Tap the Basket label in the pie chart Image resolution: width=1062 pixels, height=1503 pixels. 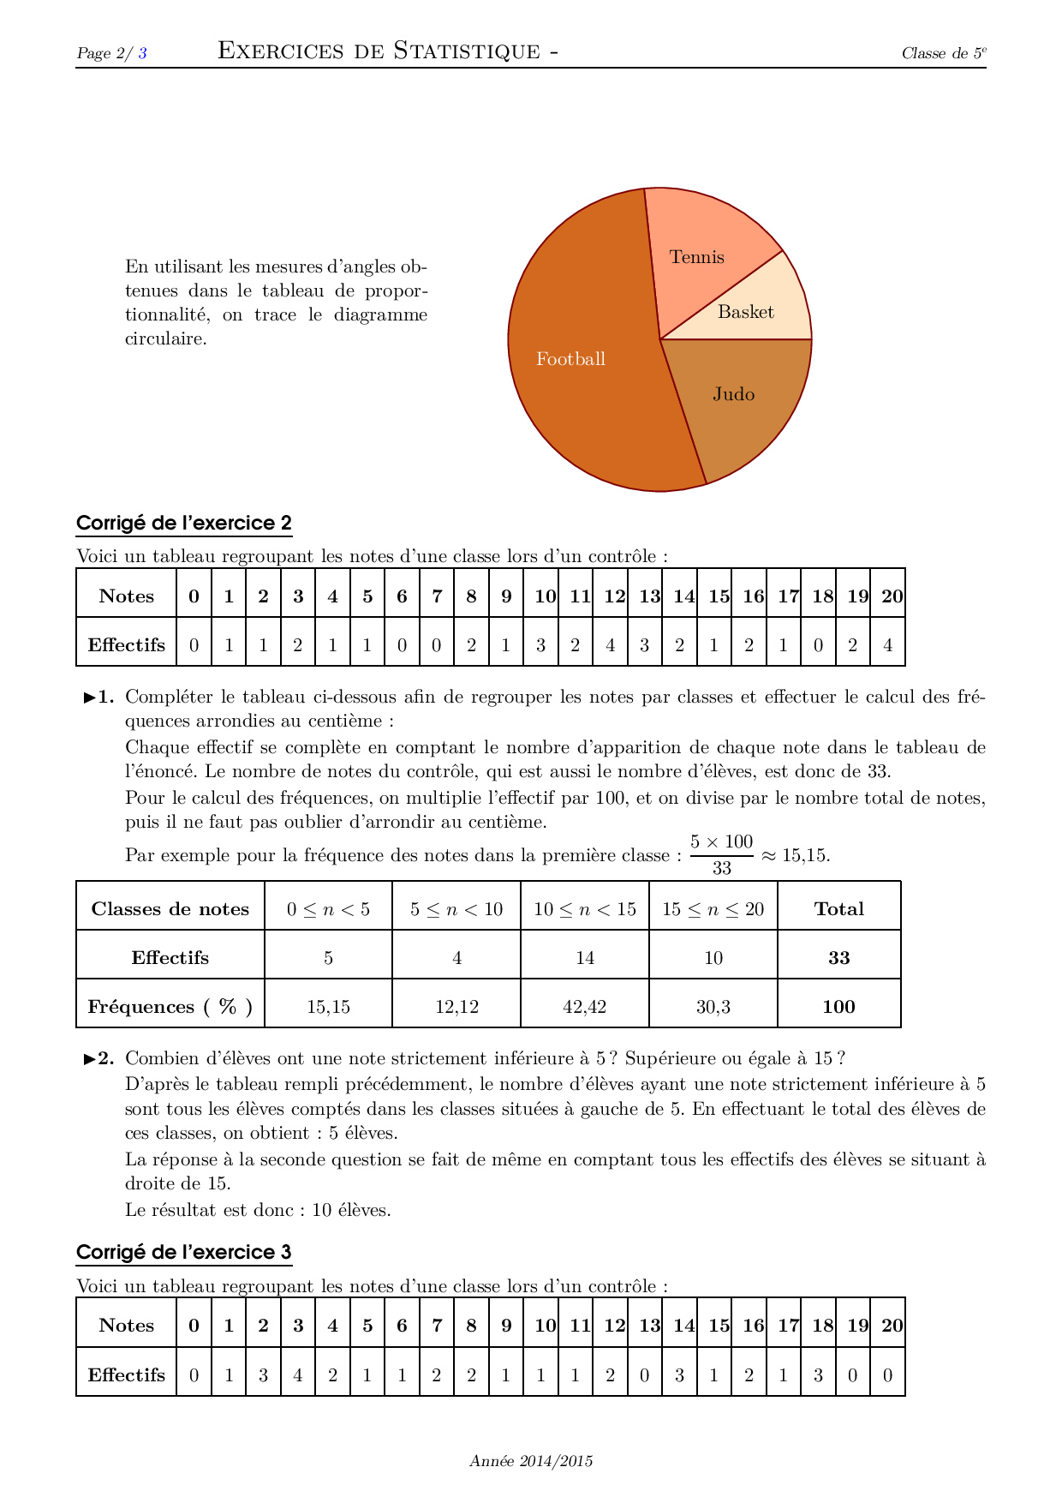point(745,313)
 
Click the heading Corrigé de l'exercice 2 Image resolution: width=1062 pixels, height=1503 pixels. point(184,524)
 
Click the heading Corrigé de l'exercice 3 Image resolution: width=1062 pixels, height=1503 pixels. point(184,1253)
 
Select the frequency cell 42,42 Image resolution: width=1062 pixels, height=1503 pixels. point(585,1007)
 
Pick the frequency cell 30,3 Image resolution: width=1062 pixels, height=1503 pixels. point(713,1007)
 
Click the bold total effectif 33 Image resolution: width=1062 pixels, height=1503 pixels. point(838,958)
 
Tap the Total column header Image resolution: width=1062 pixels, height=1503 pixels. point(838,909)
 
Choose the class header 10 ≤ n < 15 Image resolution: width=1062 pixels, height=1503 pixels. point(585,909)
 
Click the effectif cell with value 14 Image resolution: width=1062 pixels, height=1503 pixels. point(585,958)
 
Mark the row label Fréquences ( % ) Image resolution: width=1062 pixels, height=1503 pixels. point(170,1007)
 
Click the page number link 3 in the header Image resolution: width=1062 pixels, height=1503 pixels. point(143,53)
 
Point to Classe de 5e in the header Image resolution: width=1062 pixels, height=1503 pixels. point(943,53)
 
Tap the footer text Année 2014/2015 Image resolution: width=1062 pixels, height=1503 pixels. point(531,1461)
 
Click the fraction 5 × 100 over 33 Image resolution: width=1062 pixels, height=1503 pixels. point(721,854)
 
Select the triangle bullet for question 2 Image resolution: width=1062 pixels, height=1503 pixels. point(90,1059)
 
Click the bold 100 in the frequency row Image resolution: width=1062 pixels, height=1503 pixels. point(838,1007)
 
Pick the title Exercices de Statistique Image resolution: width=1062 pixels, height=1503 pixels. point(388,51)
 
